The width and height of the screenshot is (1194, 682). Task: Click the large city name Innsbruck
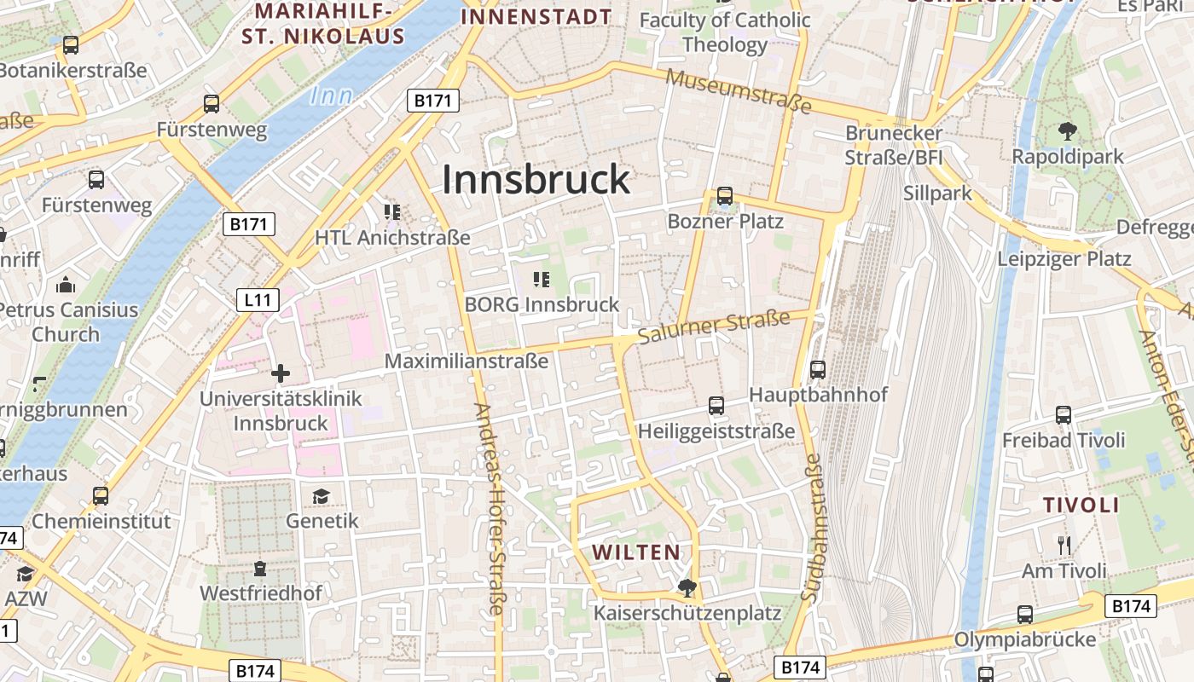(536, 180)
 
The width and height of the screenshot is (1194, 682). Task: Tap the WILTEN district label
(637, 552)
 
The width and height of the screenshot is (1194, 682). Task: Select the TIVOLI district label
(1081, 505)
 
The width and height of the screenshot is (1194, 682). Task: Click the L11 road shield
(257, 299)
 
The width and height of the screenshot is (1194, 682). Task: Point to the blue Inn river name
(331, 96)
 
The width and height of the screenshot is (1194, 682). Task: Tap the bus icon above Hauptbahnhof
(817, 370)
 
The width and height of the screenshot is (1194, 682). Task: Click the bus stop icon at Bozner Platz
(724, 197)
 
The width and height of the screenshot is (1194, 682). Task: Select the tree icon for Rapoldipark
(1067, 131)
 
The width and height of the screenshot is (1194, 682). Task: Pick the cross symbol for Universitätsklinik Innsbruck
(281, 373)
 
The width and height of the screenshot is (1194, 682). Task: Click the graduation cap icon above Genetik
(321, 496)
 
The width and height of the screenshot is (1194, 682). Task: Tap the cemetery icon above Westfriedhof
(260, 568)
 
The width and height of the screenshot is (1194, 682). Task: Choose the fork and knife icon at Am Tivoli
(1064, 546)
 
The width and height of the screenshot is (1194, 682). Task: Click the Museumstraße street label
(739, 90)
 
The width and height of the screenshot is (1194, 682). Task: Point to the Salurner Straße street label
(714, 326)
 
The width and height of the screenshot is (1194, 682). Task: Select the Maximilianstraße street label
(467, 361)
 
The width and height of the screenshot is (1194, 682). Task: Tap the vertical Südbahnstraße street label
(811, 529)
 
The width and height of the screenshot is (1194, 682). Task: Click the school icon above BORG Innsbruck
(541, 279)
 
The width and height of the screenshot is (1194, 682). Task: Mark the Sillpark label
(937, 194)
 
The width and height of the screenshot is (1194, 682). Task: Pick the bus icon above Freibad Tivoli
(1063, 415)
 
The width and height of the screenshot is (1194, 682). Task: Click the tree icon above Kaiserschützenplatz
(686, 587)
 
